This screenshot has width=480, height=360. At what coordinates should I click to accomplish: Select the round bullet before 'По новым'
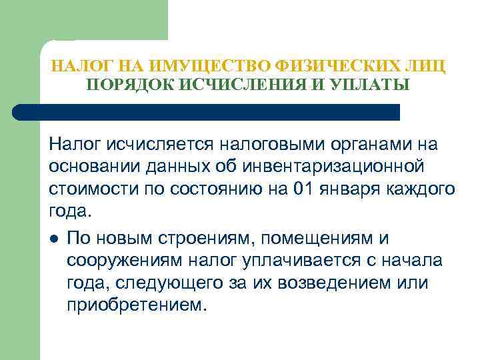(x=53, y=239)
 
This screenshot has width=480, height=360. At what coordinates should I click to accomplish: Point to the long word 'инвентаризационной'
(x=343, y=167)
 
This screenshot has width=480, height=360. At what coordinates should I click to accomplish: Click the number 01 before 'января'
(x=301, y=189)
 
